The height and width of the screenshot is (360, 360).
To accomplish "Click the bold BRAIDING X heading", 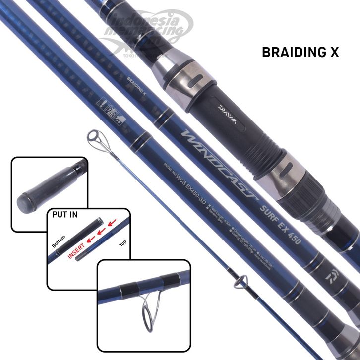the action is (299, 52).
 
